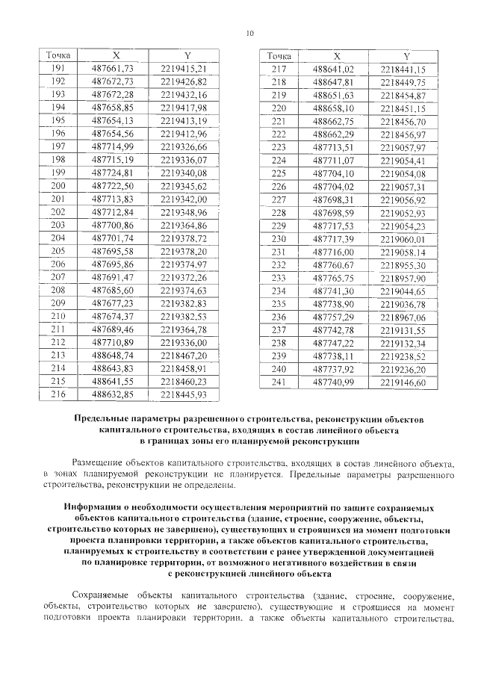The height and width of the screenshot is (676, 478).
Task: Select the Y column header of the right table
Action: tap(406, 56)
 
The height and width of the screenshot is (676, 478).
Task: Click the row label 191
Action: tap(58, 69)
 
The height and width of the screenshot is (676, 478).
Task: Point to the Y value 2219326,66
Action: tap(183, 146)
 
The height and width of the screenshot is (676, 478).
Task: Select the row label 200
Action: tap(58, 185)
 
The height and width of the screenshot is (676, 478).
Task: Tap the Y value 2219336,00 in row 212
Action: tap(183, 341)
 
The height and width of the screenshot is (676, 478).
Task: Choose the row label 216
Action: tap(58, 394)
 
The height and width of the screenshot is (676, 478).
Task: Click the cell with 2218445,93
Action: tap(183, 394)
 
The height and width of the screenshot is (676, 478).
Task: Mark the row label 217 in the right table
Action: tap(279, 69)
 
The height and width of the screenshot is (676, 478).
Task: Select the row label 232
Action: tap(279, 264)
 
